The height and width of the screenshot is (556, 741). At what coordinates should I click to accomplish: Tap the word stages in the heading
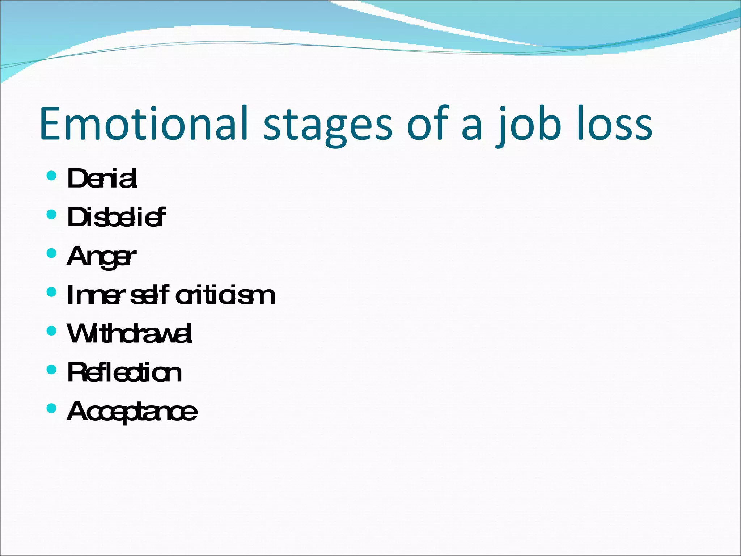(x=327, y=125)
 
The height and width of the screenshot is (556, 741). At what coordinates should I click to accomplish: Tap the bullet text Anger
(x=101, y=257)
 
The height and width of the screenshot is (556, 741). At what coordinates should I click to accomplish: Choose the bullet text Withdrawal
(x=130, y=334)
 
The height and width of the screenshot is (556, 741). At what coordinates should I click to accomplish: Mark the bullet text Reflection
(x=124, y=373)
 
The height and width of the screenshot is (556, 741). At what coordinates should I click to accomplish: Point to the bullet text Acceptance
(x=132, y=412)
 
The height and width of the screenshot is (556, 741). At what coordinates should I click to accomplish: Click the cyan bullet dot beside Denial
(x=52, y=176)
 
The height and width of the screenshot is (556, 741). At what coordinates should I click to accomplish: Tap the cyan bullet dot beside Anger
(x=52, y=253)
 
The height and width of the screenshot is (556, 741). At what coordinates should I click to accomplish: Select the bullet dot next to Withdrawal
(x=52, y=331)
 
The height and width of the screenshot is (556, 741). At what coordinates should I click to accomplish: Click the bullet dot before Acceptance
(x=52, y=409)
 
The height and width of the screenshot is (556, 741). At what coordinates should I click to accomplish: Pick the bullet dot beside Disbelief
(x=52, y=215)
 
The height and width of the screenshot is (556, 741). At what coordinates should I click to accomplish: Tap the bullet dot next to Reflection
(x=52, y=370)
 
